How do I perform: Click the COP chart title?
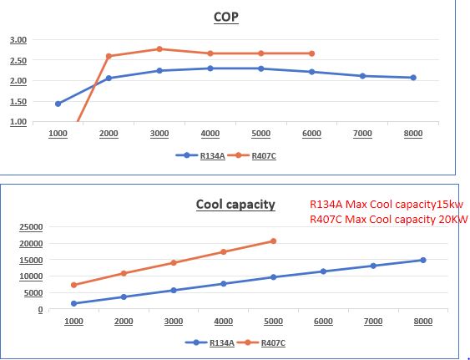tap(226, 17)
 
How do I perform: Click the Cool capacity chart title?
tap(235, 205)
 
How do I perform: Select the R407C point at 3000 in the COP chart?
tap(159, 49)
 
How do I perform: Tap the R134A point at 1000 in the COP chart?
tap(58, 104)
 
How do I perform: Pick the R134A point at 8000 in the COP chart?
tap(413, 78)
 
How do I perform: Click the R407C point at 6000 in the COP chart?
tap(312, 53)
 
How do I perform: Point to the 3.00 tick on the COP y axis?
tap(18, 40)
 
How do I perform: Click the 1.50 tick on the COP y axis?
tap(18, 102)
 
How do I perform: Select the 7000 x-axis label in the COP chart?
tap(362, 134)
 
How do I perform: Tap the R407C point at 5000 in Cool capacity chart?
tap(273, 241)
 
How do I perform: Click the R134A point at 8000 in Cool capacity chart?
tap(423, 260)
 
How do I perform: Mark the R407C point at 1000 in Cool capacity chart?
tap(73, 285)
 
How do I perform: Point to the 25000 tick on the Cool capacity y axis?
tap(31, 227)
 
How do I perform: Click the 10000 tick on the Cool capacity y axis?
tap(31, 276)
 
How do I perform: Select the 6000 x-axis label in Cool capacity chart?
tap(323, 322)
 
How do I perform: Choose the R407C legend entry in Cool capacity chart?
tap(273, 342)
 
